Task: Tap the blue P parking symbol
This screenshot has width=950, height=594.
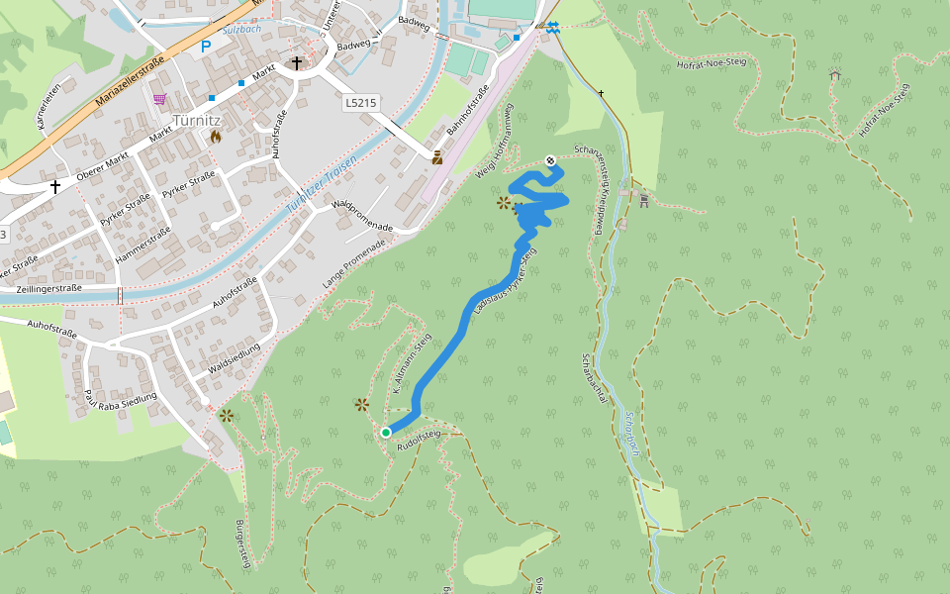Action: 206,46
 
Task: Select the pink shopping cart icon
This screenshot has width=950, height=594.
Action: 159,99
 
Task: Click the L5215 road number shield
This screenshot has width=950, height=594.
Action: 362,102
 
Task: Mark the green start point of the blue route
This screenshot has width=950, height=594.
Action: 386,432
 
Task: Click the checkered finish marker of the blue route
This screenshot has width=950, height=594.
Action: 551,160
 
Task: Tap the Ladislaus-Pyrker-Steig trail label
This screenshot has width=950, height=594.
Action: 505,282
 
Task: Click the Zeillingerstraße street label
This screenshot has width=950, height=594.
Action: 49,288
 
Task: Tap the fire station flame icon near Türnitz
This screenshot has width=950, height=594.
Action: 215,137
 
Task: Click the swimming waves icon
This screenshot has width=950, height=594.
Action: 552,28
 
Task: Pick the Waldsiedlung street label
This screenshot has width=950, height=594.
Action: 236,359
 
